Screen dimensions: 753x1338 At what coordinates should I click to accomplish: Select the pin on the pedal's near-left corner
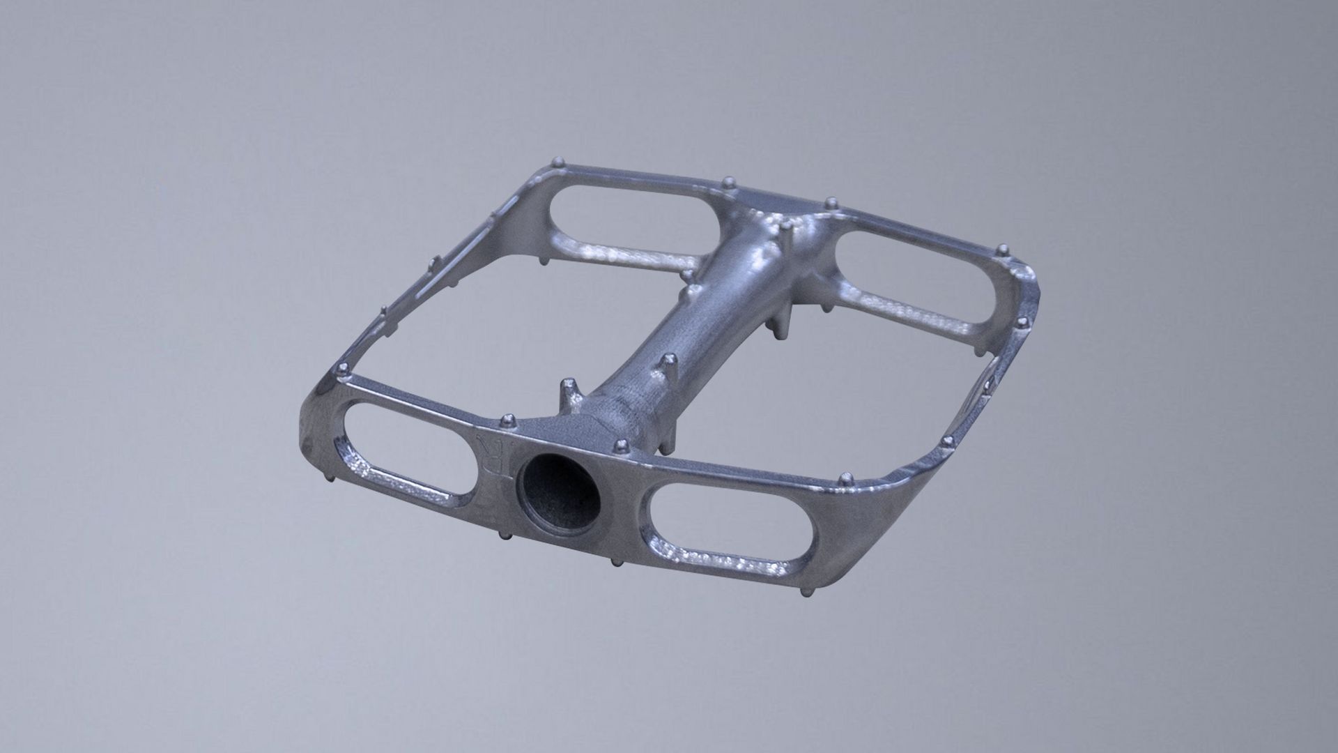point(343,370)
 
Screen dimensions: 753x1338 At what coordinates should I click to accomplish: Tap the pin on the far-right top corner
point(1003,250)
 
